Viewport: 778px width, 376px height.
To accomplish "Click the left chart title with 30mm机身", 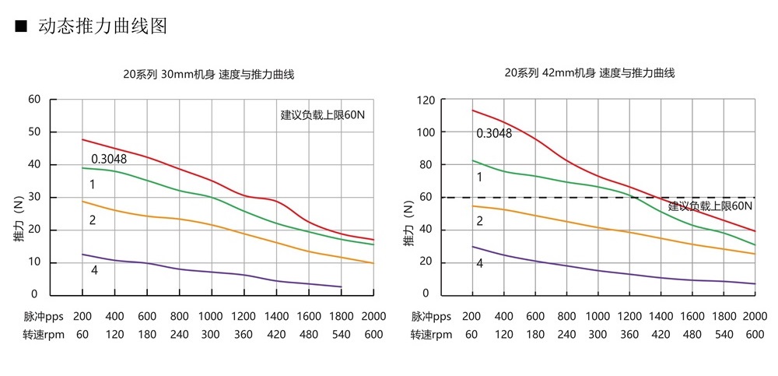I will point(209,75).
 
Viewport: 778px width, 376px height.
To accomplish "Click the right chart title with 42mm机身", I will point(589,73).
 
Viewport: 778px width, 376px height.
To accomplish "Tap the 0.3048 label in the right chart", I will point(494,133).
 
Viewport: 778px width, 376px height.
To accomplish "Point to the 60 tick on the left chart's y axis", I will point(33,99).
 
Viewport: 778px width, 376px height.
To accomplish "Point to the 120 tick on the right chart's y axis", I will point(424,100).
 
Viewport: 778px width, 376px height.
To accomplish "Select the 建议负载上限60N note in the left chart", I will point(322,114).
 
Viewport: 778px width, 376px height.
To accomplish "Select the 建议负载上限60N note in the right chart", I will point(710,206).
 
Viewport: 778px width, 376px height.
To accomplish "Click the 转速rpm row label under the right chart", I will point(431,334).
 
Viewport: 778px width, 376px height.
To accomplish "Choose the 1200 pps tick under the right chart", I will point(629,317).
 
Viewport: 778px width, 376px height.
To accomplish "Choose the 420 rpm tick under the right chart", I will point(661,334).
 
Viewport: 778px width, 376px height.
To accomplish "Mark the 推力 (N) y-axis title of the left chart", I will point(19,225).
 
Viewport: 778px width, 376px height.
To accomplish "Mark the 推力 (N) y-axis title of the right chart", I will point(408,225).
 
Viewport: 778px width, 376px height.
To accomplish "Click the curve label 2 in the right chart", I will point(479,220).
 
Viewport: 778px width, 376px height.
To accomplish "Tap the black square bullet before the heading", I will point(21,26).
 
